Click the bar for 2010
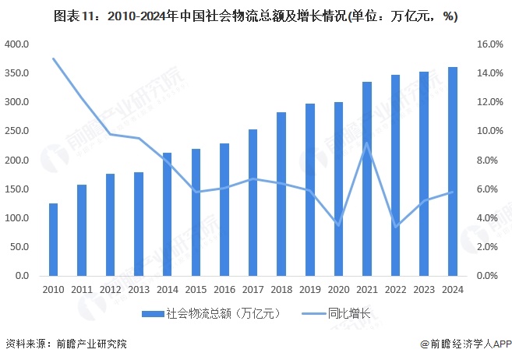click(53, 239)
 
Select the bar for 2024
click(453, 171)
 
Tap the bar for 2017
click(252, 203)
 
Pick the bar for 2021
click(367, 178)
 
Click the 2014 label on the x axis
click(167, 290)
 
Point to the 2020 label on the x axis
click(338, 290)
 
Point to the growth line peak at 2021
click(367, 143)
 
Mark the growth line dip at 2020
click(338, 224)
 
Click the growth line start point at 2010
click(53, 58)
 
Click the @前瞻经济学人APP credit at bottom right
click(464, 344)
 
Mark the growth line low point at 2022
click(396, 227)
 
